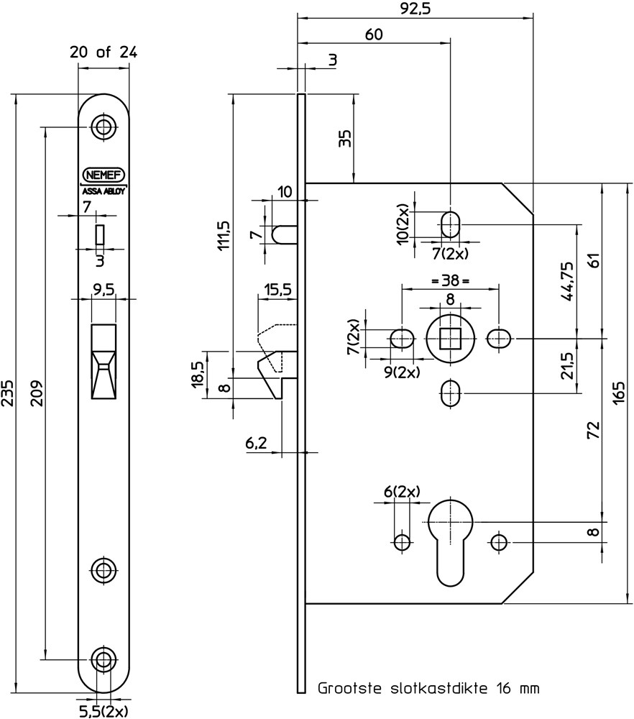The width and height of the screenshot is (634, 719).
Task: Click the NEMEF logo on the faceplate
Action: [104, 174]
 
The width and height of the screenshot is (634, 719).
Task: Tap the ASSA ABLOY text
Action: [104, 191]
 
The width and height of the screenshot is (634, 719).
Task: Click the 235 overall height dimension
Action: [8, 394]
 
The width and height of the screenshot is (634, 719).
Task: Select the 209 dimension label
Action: [37, 393]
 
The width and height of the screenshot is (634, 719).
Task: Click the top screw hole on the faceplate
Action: [104, 127]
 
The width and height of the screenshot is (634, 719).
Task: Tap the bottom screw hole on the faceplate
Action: [104, 659]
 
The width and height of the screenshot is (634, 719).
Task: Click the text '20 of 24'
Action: [104, 52]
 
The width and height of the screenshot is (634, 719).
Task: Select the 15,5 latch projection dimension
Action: [277, 290]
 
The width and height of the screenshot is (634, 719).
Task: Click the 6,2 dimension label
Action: [257, 444]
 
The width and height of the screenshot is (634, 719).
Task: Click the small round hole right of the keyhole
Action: [497, 541]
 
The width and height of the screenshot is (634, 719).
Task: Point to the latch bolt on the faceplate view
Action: [104, 362]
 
